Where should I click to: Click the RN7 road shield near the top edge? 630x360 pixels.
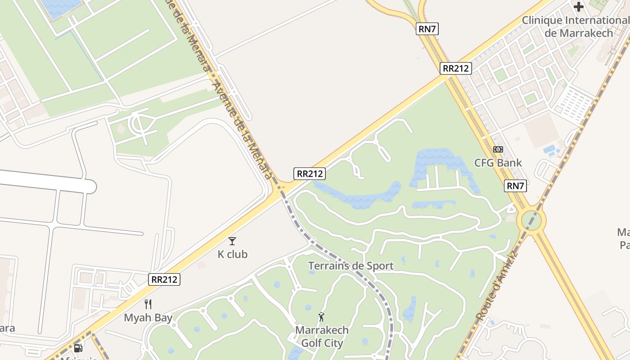[x=427, y=29]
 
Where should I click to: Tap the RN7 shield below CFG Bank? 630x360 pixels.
[x=516, y=186]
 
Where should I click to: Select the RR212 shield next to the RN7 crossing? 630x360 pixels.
[x=456, y=68]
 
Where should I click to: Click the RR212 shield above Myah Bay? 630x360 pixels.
[x=164, y=279]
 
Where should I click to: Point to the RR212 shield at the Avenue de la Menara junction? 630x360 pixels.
[x=310, y=174]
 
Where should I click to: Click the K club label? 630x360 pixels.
[x=232, y=254]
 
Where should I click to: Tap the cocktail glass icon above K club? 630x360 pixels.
[x=232, y=241]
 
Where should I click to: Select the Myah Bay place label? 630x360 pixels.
[x=148, y=318]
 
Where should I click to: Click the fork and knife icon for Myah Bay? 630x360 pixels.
[x=148, y=304]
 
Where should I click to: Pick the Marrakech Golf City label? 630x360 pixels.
[x=322, y=336]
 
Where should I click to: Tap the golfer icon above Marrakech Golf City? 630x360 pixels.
[x=321, y=317]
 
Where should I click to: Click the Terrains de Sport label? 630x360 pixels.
[x=351, y=266]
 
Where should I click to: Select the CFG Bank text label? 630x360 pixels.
[x=498, y=162]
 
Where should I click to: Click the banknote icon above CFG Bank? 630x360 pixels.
[x=498, y=149]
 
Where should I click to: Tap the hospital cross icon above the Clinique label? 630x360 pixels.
[x=579, y=7]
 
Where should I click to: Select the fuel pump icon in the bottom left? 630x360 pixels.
[x=78, y=348]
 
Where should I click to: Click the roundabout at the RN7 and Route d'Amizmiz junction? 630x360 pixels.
[x=531, y=220]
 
